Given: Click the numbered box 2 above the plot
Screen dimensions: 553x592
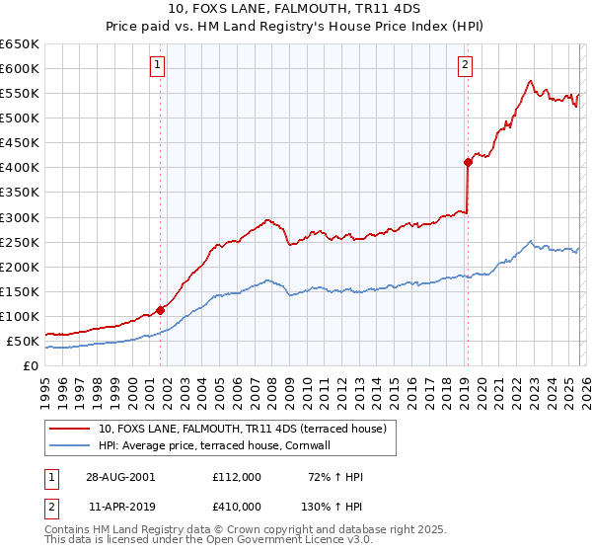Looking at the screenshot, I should [x=465, y=66].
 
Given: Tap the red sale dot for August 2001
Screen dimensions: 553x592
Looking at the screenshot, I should [x=160, y=310].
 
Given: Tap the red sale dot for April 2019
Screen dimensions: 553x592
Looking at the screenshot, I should [x=468, y=162].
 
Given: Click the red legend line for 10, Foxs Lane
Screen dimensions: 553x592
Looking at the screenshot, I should [x=70, y=429].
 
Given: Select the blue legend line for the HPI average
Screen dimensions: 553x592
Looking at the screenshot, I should [x=70, y=445].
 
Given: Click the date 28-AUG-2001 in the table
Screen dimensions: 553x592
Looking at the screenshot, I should [x=121, y=477].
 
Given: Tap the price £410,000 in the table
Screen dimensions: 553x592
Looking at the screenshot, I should [x=237, y=506].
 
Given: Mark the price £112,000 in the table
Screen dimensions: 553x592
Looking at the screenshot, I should [x=237, y=477].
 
